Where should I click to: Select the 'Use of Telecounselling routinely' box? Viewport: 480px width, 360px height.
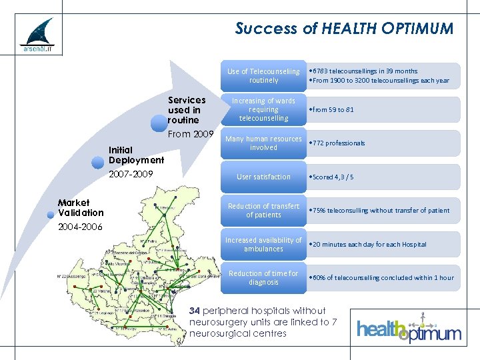tap(263, 76)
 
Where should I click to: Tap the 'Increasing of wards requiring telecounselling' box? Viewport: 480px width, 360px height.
tap(263, 110)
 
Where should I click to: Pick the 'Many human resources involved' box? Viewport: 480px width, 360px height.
tap(263, 143)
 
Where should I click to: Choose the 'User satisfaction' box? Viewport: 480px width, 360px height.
tap(263, 177)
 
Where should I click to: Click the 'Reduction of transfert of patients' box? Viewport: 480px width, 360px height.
tap(263, 211)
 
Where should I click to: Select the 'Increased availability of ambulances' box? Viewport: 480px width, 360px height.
tap(263, 244)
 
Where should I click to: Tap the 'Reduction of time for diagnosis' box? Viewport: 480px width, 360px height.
tap(263, 277)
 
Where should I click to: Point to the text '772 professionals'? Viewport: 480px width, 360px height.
tap(338, 143)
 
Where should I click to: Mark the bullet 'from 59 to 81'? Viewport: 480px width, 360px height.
tap(331, 110)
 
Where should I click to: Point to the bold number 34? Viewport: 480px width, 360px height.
tap(195, 311)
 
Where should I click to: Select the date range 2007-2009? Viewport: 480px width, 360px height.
tap(131, 174)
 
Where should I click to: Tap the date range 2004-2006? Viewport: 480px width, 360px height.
tap(80, 227)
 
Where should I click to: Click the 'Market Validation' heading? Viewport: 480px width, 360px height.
tap(81, 207)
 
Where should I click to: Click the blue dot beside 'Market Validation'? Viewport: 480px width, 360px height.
tap(50, 215)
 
